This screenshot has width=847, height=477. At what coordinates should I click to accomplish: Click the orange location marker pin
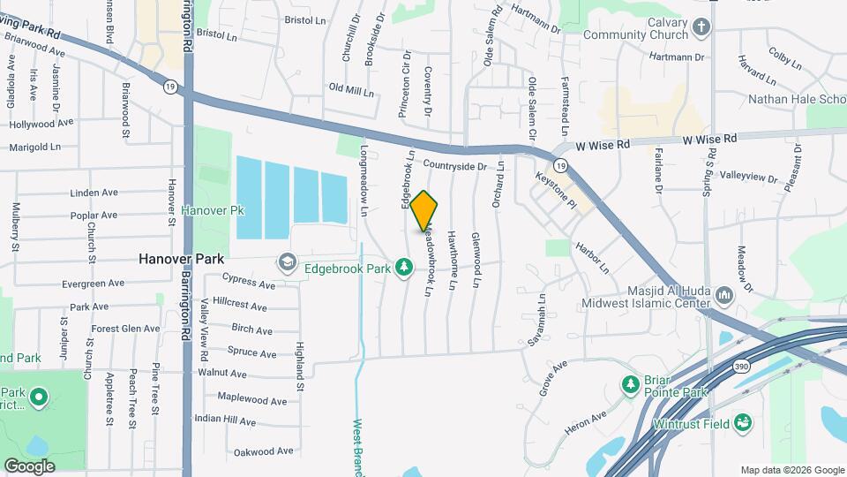click(x=424, y=211)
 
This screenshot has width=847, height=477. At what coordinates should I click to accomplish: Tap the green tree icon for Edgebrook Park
click(x=404, y=266)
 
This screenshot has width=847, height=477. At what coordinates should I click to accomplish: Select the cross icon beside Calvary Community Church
click(x=702, y=26)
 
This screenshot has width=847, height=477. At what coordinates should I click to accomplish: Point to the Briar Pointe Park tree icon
click(x=630, y=384)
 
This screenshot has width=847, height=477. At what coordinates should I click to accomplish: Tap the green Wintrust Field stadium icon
click(x=743, y=423)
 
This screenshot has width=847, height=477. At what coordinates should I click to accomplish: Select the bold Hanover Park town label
click(x=182, y=261)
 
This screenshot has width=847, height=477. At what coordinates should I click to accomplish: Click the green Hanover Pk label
click(x=212, y=210)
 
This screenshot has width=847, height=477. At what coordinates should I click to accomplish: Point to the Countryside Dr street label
click(x=454, y=165)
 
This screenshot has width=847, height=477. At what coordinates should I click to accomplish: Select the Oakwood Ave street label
click(x=263, y=451)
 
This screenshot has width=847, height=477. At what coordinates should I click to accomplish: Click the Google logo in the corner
click(x=29, y=466)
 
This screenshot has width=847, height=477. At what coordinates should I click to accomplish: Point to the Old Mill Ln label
click(x=351, y=89)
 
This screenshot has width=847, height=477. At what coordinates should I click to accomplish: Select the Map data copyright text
click(x=791, y=470)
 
